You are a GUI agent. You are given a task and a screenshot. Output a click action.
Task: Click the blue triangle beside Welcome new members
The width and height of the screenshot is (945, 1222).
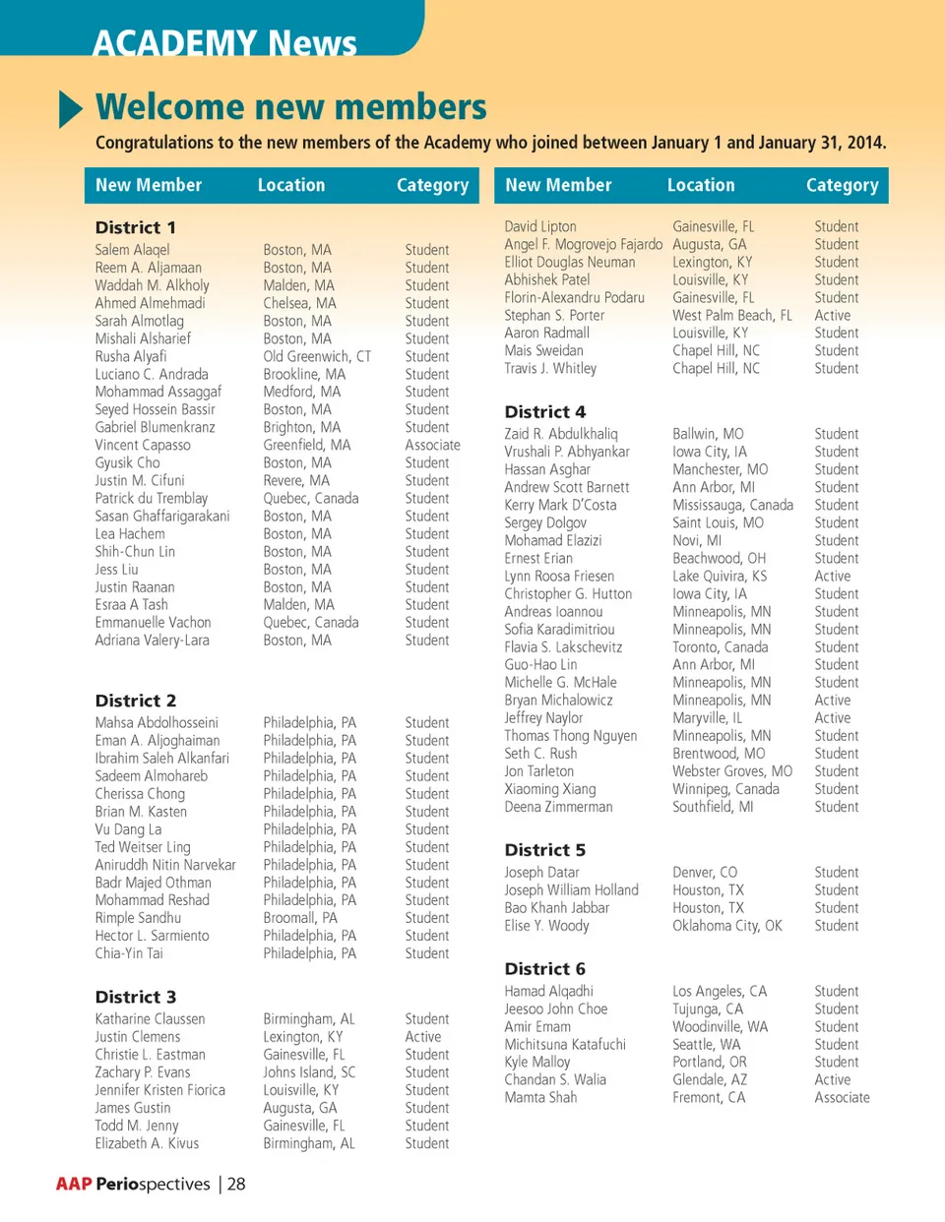[71, 108]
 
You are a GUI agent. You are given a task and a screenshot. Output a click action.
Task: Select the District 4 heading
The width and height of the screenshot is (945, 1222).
[544, 411]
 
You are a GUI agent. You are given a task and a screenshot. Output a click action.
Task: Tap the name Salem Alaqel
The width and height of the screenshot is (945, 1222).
[132, 250]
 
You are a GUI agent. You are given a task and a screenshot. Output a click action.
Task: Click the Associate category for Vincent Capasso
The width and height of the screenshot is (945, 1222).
[432, 445]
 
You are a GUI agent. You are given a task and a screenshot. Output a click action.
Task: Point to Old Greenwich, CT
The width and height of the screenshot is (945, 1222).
[317, 356]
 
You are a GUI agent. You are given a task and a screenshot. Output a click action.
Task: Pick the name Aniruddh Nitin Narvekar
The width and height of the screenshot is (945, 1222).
[165, 865]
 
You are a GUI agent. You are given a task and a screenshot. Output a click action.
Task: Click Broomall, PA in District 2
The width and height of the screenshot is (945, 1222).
[300, 918]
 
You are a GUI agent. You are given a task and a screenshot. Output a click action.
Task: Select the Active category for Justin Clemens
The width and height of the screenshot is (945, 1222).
[423, 1037]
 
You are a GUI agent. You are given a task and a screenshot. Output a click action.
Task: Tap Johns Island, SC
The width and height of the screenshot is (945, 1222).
[309, 1072]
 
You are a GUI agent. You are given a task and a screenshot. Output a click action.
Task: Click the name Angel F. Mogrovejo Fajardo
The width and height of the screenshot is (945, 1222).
[584, 244]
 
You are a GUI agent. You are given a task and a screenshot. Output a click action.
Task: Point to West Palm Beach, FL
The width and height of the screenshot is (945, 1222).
[731, 315]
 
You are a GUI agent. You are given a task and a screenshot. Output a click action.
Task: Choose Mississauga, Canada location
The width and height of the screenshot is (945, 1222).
[732, 505]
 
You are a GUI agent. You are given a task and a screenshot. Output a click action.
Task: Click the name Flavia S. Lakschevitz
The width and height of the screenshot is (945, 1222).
[563, 646]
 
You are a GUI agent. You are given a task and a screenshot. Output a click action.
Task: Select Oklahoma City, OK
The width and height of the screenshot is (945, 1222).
[726, 926]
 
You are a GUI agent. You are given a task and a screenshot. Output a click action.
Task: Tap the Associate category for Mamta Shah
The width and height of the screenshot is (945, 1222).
[842, 1097]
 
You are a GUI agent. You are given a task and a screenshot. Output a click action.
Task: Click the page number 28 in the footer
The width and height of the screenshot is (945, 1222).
[236, 1184]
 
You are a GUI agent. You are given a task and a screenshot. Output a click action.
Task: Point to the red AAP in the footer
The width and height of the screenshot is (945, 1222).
[74, 1184]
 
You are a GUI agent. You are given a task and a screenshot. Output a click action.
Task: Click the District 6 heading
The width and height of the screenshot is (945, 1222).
[544, 968]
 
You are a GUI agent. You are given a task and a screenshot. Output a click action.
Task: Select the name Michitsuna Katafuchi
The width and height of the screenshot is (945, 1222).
[565, 1044]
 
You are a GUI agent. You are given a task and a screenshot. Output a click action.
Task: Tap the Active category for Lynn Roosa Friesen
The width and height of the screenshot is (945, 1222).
[832, 576]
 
